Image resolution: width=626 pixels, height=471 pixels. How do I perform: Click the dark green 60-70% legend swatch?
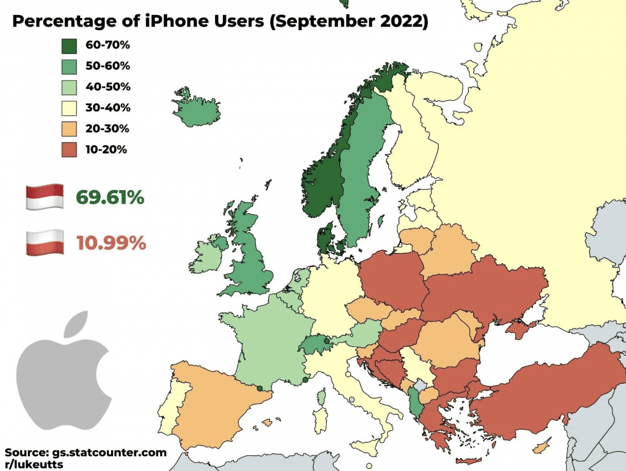coord(69,45)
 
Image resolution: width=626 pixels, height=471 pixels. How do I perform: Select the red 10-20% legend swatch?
coord(69,149)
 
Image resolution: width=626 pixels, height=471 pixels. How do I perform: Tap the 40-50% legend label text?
coord(108,87)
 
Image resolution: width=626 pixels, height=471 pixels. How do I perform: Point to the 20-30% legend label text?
coord(108,128)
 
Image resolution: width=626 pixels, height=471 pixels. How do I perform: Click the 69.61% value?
coord(110,198)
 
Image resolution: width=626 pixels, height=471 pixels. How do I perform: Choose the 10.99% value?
coord(111,243)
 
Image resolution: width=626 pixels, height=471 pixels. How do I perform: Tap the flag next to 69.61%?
coord(44,197)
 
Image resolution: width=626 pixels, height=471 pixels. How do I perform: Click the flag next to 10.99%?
coord(44,242)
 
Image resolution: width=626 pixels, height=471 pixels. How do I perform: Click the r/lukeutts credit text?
coord(34,464)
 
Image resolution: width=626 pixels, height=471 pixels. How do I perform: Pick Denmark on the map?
coord(327,238)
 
